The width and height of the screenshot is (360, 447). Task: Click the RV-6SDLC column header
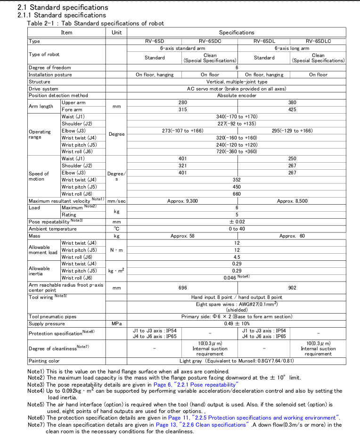click(x=318, y=41)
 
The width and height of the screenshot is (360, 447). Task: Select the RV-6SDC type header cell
click(x=210, y=41)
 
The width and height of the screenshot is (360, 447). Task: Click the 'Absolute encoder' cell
click(x=237, y=95)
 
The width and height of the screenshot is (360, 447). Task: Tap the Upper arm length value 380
click(x=292, y=102)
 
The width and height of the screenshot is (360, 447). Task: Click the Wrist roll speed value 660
click(x=237, y=194)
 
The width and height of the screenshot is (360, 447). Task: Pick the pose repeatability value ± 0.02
click(x=237, y=222)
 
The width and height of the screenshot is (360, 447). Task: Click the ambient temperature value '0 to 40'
click(x=237, y=229)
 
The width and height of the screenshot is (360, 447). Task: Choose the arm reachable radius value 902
click(x=292, y=288)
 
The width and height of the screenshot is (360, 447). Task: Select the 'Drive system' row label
click(x=43, y=89)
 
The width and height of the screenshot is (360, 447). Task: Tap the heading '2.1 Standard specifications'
click(x=63, y=7)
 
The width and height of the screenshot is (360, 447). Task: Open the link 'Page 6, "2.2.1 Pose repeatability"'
click(x=194, y=385)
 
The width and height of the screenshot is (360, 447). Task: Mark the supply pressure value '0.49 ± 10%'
click(x=237, y=324)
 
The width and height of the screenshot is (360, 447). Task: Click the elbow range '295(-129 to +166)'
click(x=292, y=131)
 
